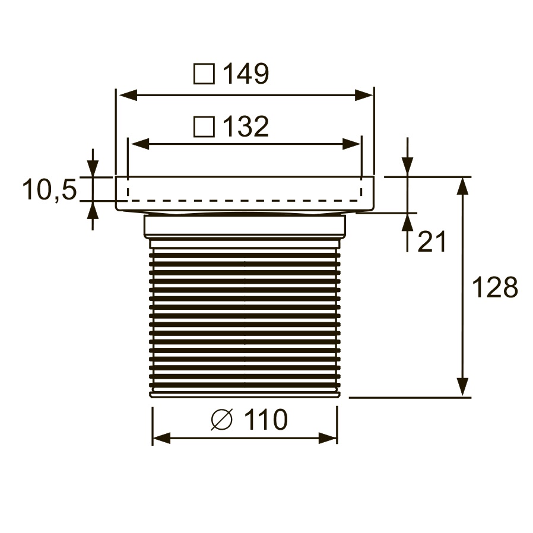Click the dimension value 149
(x=246, y=73)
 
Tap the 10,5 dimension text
(x=50, y=189)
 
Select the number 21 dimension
(x=432, y=242)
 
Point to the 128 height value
(x=495, y=288)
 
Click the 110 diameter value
(x=266, y=420)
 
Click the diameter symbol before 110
(x=221, y=420)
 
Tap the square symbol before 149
(x=204, y=74)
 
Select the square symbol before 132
(x=204, y=127)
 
